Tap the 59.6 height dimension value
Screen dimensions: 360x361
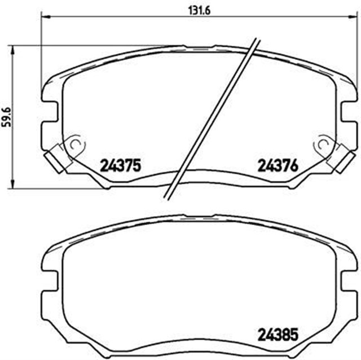click(x=6, y=116)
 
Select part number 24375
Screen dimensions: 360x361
click(x=120, y=166)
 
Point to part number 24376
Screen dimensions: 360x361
click(x=278, y=166)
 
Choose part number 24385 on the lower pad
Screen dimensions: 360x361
click(x=278, y=334)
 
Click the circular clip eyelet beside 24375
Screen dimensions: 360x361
click(x=74, y=145)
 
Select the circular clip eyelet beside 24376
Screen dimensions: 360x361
click(x=323, y=145)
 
